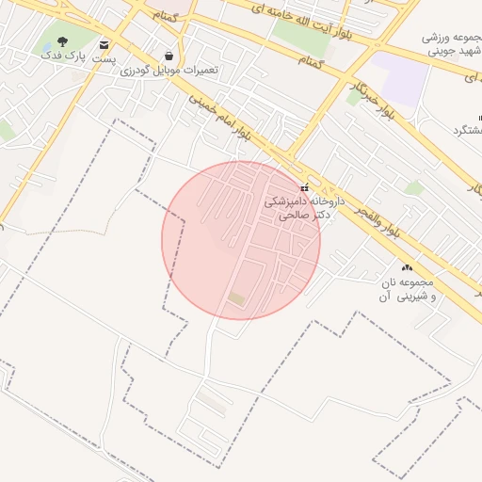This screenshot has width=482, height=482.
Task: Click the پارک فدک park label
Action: [x=61, y=56]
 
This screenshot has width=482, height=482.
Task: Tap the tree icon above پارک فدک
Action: [x=62, y=41]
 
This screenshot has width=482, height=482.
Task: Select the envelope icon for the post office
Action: [x=104, y=44]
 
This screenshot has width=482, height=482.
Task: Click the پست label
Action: [x=104, y=58]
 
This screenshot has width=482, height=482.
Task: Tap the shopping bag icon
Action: [x=169, y=56]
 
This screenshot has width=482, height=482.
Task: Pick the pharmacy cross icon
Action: [x=304, y=186]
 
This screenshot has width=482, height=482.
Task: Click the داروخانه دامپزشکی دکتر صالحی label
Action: [x=303, y=208]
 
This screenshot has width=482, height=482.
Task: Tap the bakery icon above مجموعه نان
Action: [x=408, y=267]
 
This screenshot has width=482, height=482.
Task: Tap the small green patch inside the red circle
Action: [x=235, y=298]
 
